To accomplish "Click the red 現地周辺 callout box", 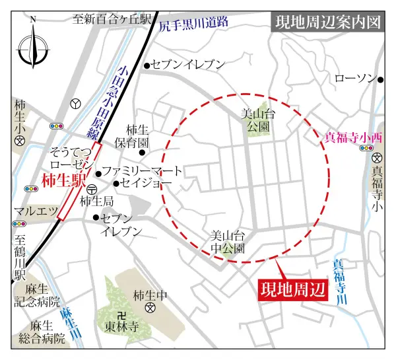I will pos(291,289).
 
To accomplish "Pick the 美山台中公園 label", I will pos(228,242).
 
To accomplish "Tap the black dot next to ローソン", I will pos(381,79).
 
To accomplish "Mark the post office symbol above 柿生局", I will pos(91,189).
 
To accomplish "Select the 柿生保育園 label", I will pos(138,136).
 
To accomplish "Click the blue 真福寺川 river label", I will pos(339,281).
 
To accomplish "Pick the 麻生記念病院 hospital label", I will pos(37,299).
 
